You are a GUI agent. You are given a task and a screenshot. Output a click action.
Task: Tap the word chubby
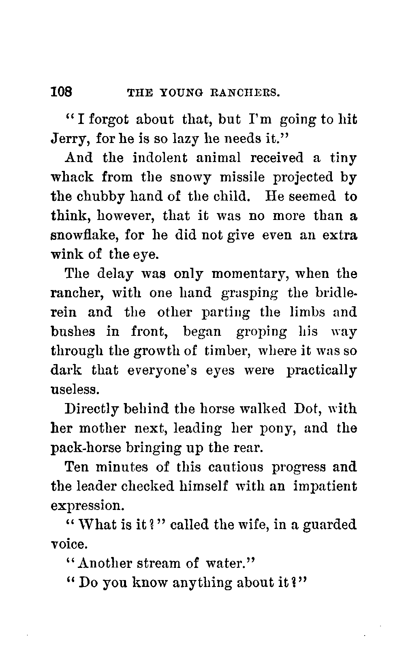pos(99,196)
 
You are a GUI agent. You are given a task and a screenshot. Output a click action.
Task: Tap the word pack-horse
pos(86,448)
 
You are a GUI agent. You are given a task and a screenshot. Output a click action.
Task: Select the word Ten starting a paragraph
pos(77,467)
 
